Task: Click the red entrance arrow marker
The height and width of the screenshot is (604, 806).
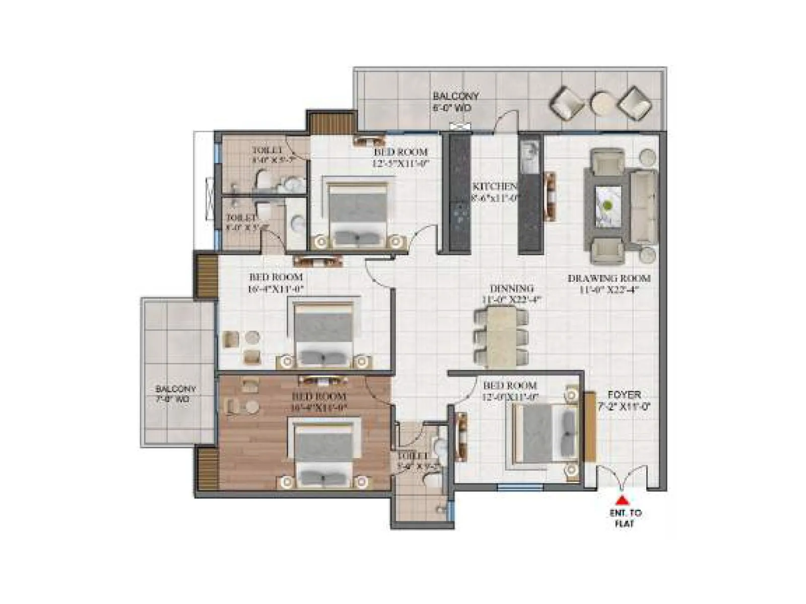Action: coord(623,500)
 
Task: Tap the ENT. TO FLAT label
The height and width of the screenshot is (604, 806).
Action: coord(624,518)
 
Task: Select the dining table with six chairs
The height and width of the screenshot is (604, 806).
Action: coord(501,336)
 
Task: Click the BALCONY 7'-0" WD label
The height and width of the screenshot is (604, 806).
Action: coord(175,394)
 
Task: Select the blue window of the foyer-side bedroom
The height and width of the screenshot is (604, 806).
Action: coord(520,487)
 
